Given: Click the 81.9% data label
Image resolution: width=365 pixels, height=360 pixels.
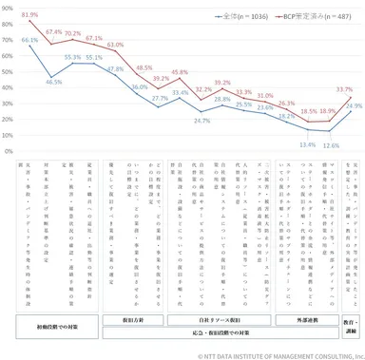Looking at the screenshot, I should pos(29,15).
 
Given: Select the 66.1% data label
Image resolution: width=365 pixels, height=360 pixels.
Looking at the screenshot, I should pos(29,41).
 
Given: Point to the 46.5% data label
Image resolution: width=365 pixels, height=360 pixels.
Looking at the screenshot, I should pos(53,82).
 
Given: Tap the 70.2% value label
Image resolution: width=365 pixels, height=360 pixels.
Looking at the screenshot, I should pos(73,34).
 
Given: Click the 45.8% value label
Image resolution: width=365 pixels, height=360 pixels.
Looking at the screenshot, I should pos(180,72).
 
